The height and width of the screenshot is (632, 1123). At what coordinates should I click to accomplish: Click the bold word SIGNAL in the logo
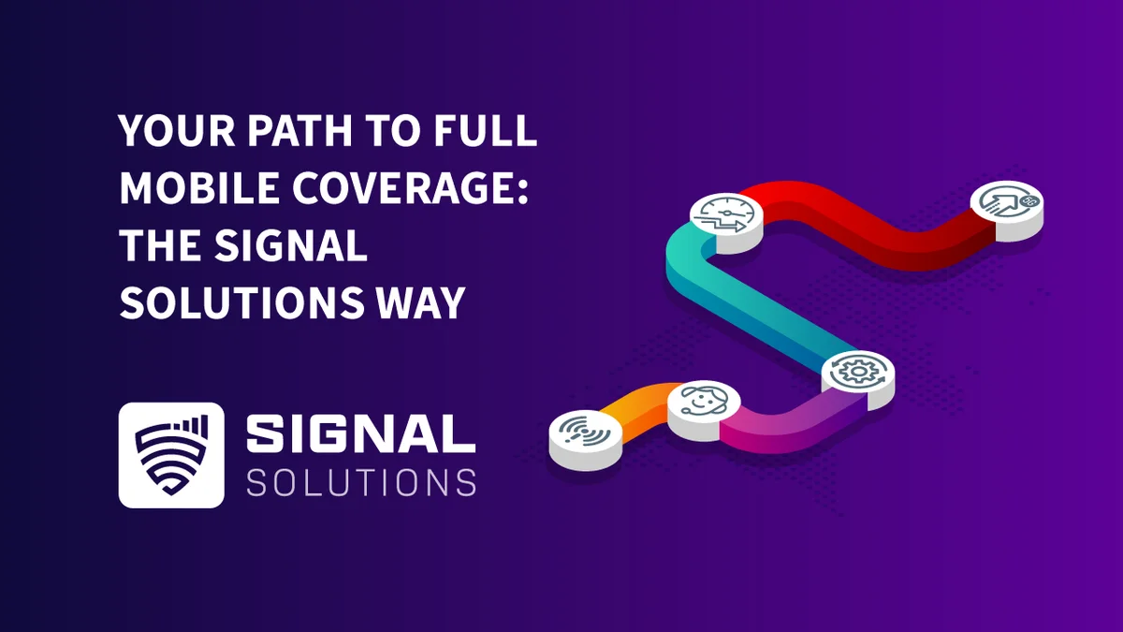point(359,436)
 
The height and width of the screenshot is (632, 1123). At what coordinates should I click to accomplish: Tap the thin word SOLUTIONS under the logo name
point(360,482)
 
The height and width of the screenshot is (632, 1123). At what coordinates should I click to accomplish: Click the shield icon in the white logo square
point(171,455)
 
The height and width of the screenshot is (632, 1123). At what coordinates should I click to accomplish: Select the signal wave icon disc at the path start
point(584,433)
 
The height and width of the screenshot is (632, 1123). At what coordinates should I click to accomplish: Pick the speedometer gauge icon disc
point(726,215)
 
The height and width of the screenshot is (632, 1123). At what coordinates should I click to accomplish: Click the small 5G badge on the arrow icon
point(1028,200)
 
